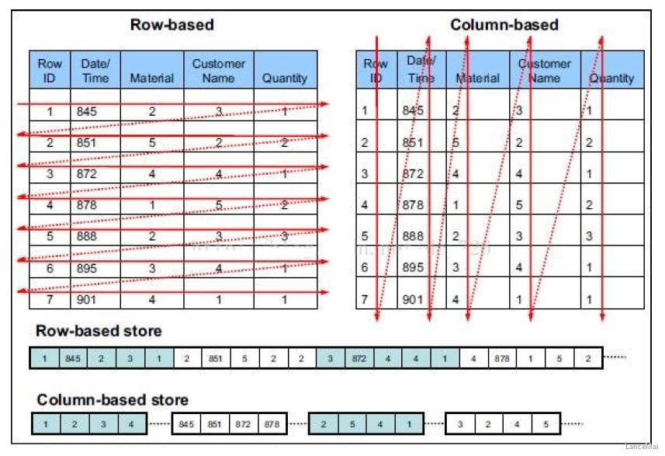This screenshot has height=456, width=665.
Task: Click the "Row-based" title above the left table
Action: [x=171, y=25]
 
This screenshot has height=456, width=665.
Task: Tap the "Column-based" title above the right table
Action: [x=504, y=25]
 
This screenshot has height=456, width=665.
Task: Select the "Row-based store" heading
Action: [x=99, y=331]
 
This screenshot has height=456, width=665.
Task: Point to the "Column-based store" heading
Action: [x=113, y=400]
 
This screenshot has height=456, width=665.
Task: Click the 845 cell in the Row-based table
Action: [x=87, y=112]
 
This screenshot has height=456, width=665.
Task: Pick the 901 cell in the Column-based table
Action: [x=414, y=299]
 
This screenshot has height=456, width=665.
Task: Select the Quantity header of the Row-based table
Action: [x=285, y=78]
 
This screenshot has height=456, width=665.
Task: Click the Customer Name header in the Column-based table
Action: [x=544, y=71]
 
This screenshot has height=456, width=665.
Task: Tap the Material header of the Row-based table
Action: [x=151, y=78]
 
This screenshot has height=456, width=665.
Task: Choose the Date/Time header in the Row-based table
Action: [x=95, y=71]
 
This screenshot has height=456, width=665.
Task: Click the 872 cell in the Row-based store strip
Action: [x=358, y=358]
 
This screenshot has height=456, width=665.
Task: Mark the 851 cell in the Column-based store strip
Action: [x=214, y=424]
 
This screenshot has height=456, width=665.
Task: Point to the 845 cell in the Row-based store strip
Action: [x=72, y=358]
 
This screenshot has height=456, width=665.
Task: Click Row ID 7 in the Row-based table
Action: [x=50, y=299]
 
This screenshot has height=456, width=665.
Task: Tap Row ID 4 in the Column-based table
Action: [x=363, y=205]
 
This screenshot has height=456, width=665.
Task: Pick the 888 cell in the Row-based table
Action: [x=87, y=236]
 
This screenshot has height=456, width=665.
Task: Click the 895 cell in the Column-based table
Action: [x=414, y=267]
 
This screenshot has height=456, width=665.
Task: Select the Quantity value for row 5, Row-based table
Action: [x=285, y=236]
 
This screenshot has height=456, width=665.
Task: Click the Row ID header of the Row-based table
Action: [x=50, y=71]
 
